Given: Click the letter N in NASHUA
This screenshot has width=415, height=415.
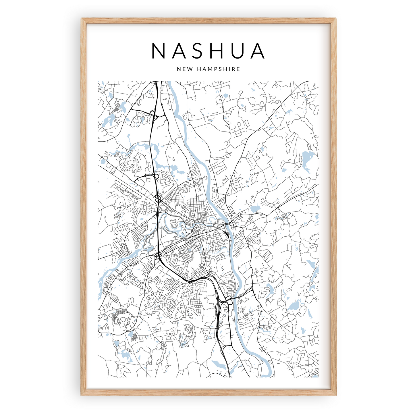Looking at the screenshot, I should click(x=158, y=51).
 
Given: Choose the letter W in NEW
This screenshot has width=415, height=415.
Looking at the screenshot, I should click(x=188, y=69).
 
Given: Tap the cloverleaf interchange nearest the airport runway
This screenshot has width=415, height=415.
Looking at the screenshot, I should click(x=157, y=198).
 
